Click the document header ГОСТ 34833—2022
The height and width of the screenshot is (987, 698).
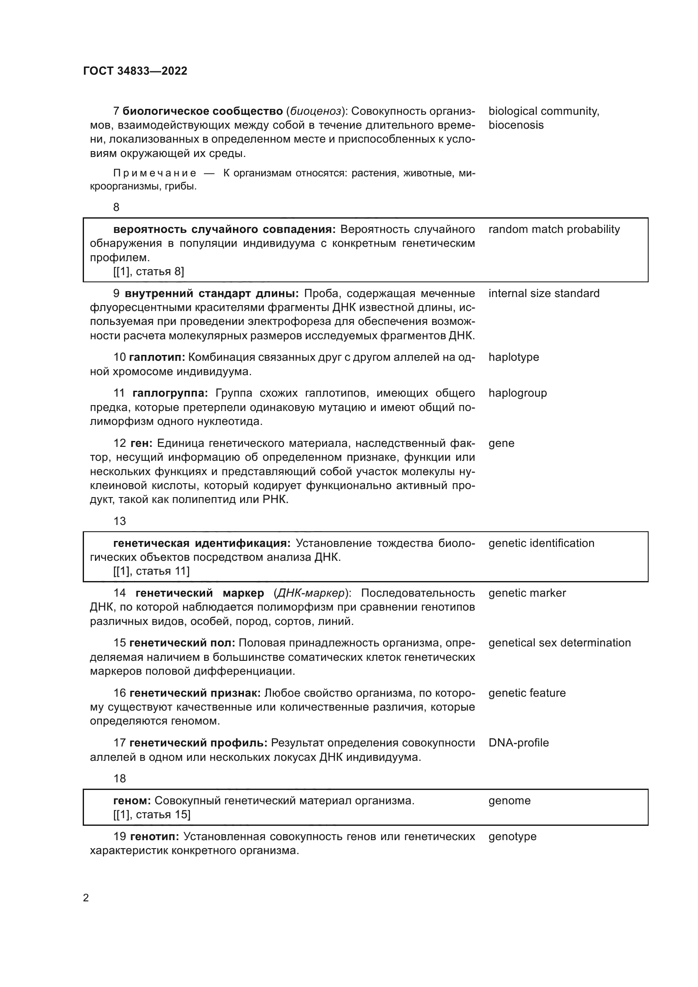(135, 71)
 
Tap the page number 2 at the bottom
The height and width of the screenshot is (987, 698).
(86, 898)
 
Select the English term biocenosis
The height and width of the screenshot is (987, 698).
(516, 125)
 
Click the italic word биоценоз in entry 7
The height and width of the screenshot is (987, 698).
(316, 111)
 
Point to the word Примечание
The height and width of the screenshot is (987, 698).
(155, 173)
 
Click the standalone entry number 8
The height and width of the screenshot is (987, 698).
(116, 207)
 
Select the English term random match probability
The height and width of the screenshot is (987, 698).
(554, 230)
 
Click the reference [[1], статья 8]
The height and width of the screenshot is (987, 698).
(149, 272)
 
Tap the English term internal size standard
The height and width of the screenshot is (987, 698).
(544, 294)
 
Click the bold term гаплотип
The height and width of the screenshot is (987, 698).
(157, 357)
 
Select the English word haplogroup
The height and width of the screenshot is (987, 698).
(517, 393)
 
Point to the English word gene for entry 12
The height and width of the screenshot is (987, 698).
(501, 443)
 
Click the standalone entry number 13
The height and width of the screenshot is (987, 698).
(119, 521)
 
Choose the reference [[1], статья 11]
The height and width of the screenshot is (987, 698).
(152, 571)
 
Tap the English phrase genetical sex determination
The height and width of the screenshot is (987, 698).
(559, 643)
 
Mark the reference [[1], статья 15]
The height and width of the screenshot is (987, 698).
(152, 814)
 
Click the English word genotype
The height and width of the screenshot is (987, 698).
(512, 836)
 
